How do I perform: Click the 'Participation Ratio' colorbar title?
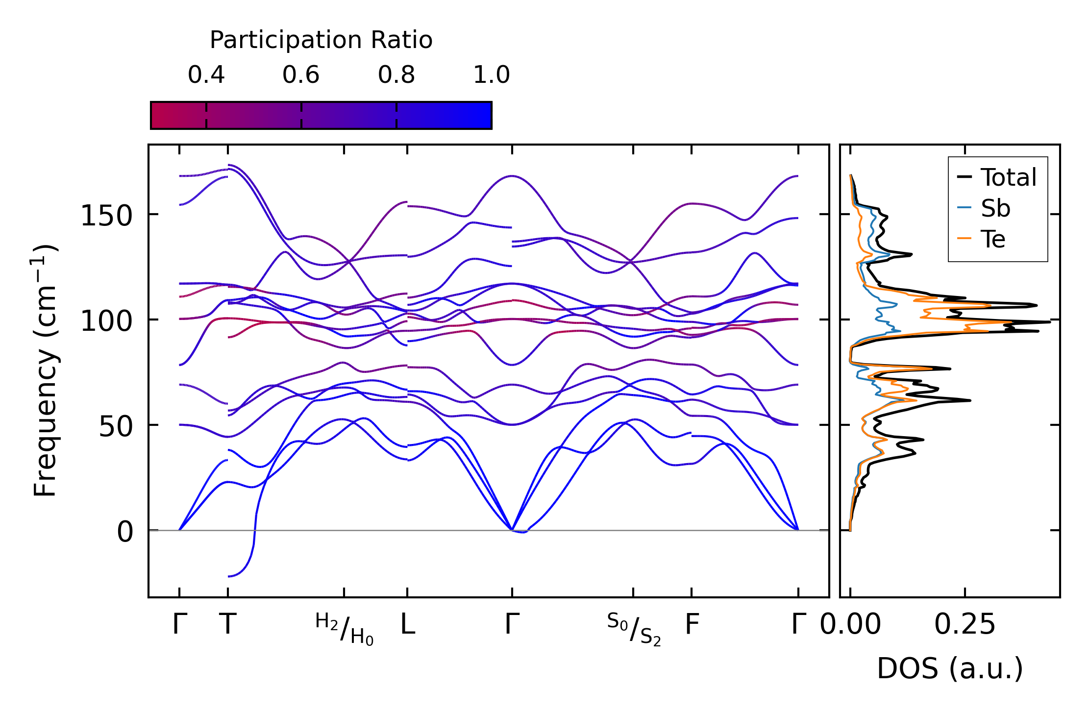tap(321, 40)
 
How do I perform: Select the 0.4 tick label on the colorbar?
tap(206, 75)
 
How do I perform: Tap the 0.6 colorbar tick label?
tap(301, 75)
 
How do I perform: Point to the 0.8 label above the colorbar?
tap(396, 75)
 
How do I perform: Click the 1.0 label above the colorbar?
tap(492, 75)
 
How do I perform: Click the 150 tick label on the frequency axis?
tap(106, 216)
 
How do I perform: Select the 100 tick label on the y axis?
tap(106, 321)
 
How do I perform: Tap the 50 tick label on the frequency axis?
tap(116, 427)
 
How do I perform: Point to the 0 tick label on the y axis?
tap(125, 532)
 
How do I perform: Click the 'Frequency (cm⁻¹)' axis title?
tap(46, 370)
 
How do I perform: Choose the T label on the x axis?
tap(228, 624)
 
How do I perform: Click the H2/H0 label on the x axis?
tap(344, 629)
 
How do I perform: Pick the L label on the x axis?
tap(408, 624)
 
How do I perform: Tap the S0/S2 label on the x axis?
tap(634, 629)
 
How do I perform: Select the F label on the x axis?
tap(692, 624)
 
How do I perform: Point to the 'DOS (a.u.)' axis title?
tap(950, 668)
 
